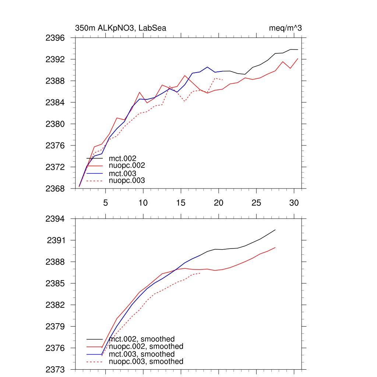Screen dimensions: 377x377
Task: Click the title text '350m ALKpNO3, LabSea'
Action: (x=120, y=28)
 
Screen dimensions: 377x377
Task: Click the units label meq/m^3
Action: (x=286, y=28)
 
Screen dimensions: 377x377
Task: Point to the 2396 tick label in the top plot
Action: (x=55, y=38)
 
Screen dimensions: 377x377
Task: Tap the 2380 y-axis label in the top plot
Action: (x=55, y=124)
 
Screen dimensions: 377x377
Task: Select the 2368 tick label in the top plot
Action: (x=55, y=189)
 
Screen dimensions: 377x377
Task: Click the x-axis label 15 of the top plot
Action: (x=181, y=203)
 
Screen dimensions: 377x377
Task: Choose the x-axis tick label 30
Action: (x=294, y=203)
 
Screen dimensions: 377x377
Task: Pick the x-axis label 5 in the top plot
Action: (x=106, y=203)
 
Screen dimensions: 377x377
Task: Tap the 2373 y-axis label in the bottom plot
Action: (x=55, y=370)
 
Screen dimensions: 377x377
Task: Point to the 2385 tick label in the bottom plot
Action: (x=55, y=284)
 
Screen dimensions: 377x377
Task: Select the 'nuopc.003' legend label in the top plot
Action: (x=127, y=181)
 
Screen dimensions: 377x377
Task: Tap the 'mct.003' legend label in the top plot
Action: (x=123, y=173)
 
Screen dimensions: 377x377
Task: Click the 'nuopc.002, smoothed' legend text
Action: (x=146, y=346)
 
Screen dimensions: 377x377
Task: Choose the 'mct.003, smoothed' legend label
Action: (x=142, y=354)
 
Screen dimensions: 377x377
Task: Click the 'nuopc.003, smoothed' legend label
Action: (x=146, y=362)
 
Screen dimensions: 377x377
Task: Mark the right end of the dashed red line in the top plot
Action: (x=223, y=80)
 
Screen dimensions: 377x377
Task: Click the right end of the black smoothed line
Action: (x=275, y=230)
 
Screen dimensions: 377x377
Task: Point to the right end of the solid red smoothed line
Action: (x=275, y=247)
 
